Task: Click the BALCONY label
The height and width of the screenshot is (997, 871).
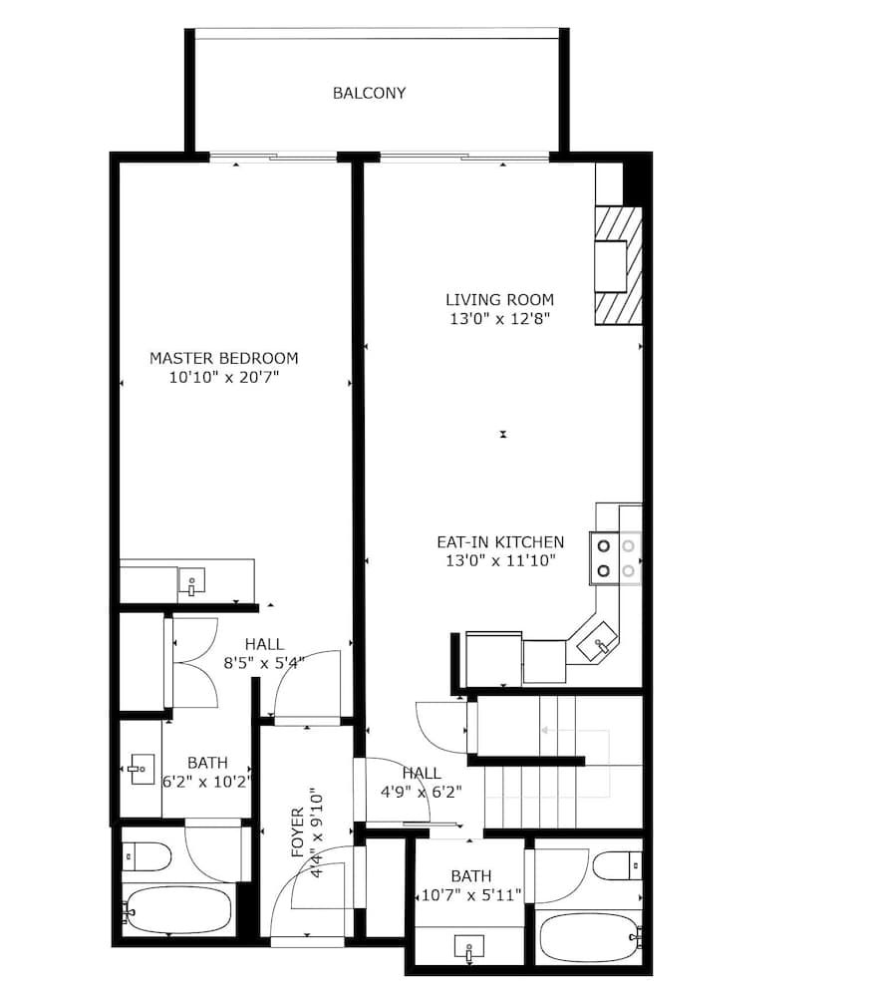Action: [369, 93]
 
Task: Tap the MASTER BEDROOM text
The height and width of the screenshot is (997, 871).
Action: [224, 358]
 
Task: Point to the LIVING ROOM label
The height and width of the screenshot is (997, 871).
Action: [499, 299]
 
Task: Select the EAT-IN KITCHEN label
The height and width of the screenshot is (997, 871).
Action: [500, 541]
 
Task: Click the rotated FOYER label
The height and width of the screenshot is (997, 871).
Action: [298, 832]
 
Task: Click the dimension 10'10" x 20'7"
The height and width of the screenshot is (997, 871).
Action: [224, 377]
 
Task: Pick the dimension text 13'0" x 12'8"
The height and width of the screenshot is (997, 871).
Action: [499, 319]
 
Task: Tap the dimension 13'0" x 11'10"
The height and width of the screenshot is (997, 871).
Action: [500, 560]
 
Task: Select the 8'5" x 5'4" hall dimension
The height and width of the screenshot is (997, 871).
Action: [264, 663]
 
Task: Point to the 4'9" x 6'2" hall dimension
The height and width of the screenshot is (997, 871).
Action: [421, 792]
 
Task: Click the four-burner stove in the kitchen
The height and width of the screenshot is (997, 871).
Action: [616, 557]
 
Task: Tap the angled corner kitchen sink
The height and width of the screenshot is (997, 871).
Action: [597, 641]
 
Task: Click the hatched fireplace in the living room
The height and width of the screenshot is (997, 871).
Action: [618, 266]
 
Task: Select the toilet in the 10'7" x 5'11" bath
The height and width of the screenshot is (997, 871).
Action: [617, 865]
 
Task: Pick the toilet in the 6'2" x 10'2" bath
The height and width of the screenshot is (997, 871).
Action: [146, 857]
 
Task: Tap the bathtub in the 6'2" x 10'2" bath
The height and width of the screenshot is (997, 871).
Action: [176, 910]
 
